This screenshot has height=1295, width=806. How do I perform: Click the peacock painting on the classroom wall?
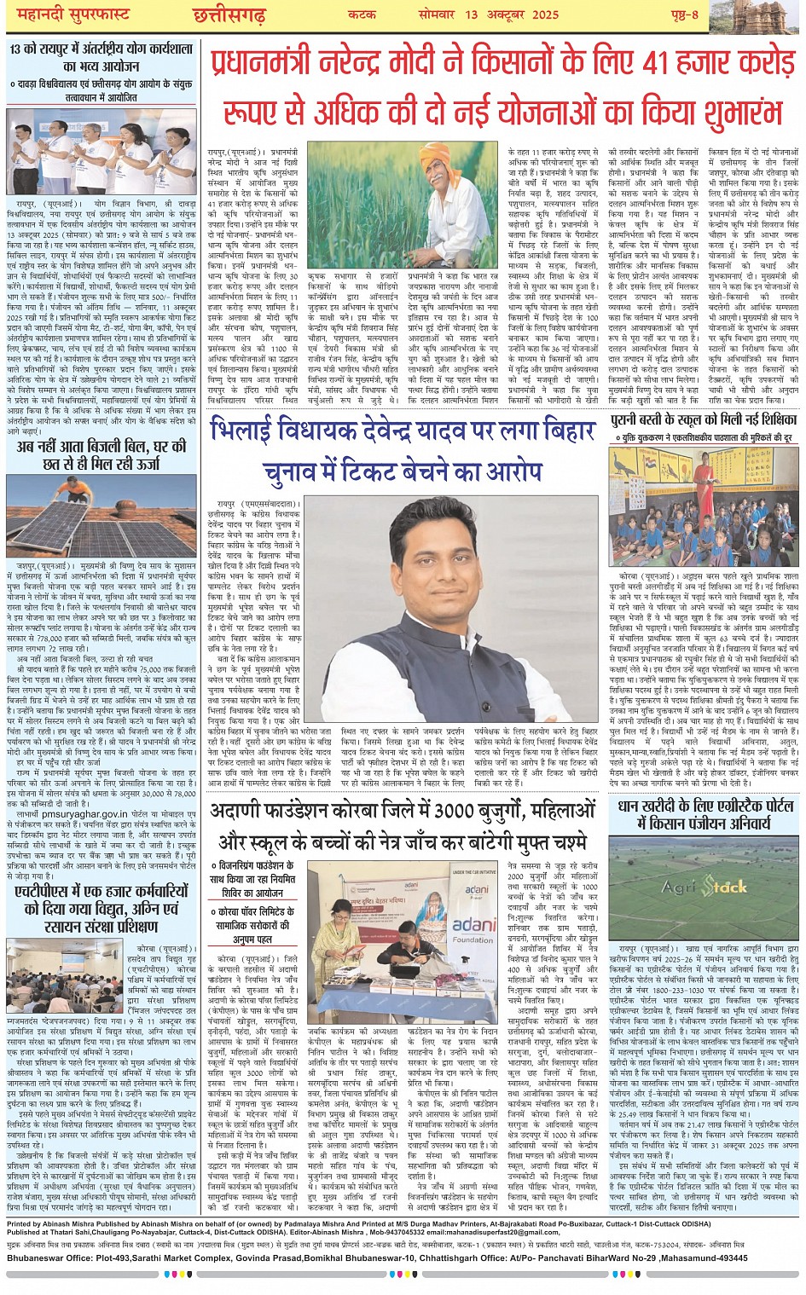coord(658,471)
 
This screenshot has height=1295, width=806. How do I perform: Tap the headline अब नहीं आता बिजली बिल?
coord(101,454)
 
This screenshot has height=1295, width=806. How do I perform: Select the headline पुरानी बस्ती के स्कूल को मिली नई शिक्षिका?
coord(705,419)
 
